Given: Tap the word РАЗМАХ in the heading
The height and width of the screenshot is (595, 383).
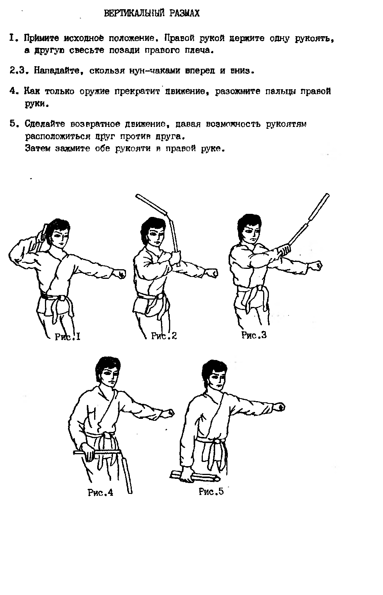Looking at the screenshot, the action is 185,13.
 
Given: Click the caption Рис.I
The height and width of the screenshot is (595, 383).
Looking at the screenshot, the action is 68,337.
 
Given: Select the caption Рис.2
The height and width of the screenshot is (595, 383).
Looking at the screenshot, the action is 164,336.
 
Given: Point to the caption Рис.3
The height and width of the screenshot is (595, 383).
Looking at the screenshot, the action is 254,335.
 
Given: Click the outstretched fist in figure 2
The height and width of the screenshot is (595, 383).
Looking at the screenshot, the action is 212,273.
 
